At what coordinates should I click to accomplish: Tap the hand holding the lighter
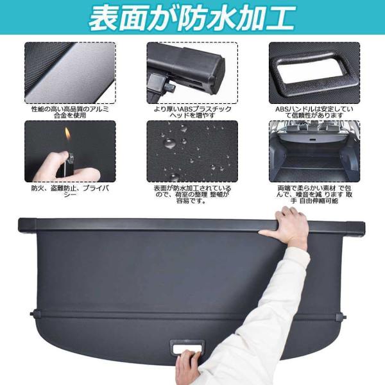click(x=67, y=167)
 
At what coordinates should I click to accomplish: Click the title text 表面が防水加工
click(x=192, y=18)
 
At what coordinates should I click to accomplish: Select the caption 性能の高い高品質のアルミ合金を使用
click(x=70, y=112)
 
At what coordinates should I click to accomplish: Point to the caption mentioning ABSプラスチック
click(x=193, y=112)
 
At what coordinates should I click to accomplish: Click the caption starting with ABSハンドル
click(x=314, y=112)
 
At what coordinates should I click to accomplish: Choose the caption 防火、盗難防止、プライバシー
click(x=70, y=191)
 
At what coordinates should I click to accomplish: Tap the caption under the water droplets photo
click(x=193, y=194)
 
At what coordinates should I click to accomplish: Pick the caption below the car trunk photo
click(x=314, y=194)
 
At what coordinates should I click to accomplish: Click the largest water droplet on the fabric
click(x=170, y=143)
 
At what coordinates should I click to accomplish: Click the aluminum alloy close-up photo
click(x=70, y=73)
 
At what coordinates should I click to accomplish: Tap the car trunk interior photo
click(x=314, y=151)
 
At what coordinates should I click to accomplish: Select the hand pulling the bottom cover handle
click(x=189, y=366)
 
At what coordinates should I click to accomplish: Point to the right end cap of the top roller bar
click(x=355, y=228)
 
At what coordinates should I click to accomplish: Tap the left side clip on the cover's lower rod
click(x=36, y=314)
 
